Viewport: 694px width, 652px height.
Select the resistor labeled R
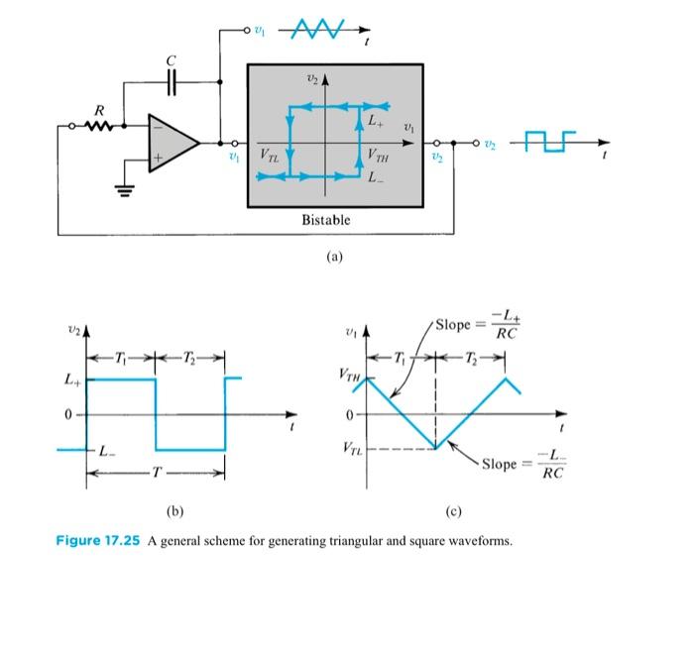click(x=98, y=125)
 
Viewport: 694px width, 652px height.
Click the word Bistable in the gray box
click(x=325, y=219)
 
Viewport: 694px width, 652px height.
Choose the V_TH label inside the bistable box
click(x=377, y=156)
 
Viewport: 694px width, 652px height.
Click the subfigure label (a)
click(x=334, y=257)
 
